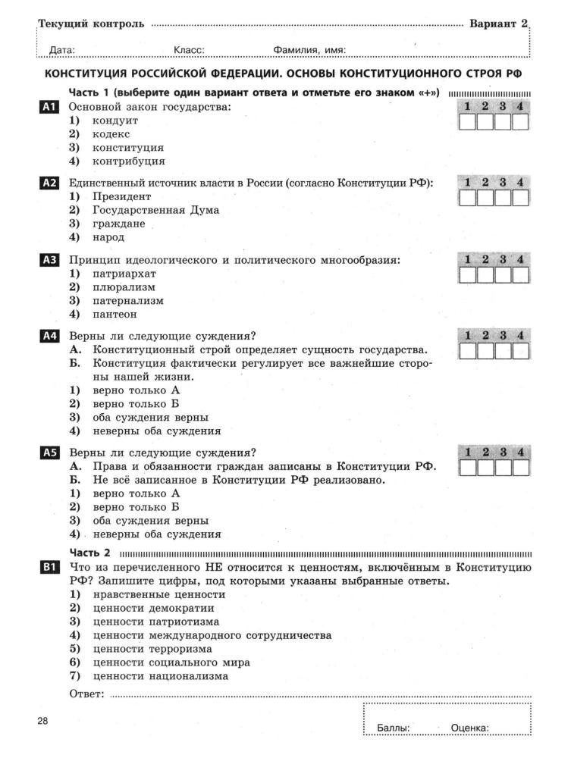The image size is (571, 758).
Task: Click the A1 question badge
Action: point(48,108)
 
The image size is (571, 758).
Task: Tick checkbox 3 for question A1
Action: point(503,123)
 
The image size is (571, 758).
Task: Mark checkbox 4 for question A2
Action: point(520,199)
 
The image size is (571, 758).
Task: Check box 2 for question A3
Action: point(485,274)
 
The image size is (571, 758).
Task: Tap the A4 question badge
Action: point(48,336)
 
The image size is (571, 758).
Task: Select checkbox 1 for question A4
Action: point(468,351)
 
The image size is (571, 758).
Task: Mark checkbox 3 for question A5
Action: point(503,468)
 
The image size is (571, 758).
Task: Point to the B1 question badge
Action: point(48,567)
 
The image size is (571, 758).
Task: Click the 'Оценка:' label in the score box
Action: point(469,728)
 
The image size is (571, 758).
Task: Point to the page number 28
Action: point(42,721)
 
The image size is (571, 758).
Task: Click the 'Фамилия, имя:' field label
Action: point(309,51)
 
